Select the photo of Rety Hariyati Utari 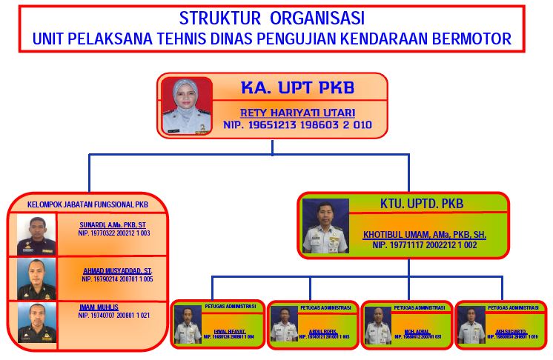coord(186,105)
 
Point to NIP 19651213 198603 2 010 coord(297,125)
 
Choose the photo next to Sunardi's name coord(37,236)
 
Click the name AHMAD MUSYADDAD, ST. coord(117,270)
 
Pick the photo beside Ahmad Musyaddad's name coord(37,279)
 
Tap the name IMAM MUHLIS coord(99,307)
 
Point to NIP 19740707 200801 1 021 coord(114,316)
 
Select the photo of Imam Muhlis coord(37,323)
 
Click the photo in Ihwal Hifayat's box coord(188,324)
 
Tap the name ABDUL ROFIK coord(321,332)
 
